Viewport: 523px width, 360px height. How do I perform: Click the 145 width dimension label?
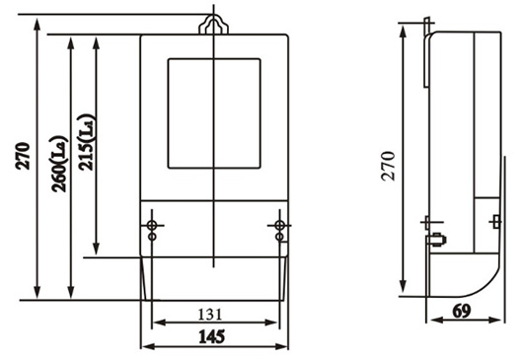pos(212,336)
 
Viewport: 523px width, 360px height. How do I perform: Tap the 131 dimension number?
pos(210,315)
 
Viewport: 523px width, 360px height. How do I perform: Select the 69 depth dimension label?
pos(462,311)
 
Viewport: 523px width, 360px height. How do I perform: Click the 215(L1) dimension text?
pos(86,142)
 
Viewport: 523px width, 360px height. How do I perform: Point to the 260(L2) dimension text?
pos(59,164)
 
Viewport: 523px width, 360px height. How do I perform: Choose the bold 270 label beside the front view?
pos(23,156)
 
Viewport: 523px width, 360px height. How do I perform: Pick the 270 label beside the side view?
pos(388,166)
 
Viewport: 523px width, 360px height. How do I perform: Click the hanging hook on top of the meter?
pos(213,24)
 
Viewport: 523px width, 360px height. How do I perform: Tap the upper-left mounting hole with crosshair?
pos(152,225)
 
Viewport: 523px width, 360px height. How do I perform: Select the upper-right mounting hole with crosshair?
pos(279,225)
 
